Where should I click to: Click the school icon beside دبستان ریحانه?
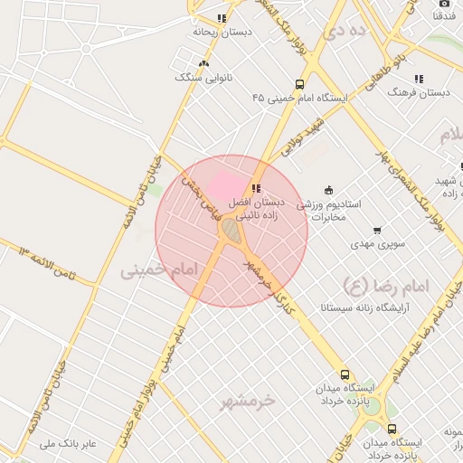[x=222, y=18]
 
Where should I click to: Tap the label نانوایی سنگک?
[x=203, y=78]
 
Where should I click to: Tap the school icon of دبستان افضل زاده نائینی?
[x=256, y=188]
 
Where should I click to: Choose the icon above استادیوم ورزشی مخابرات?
[x=328, y=190]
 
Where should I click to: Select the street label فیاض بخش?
[x=200, y=196]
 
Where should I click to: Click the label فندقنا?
[x=444, y=16]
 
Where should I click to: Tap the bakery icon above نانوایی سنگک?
[x=203, y=63]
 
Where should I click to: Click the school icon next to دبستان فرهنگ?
[x=418, y=79]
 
